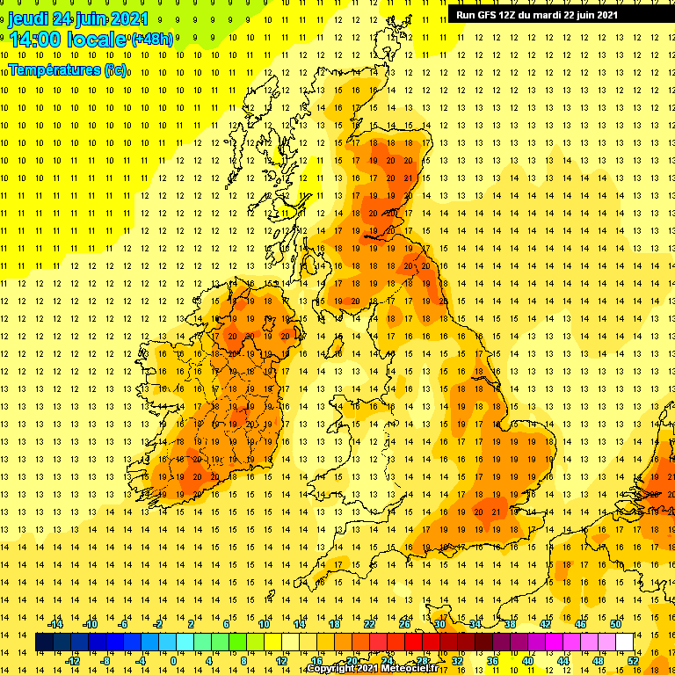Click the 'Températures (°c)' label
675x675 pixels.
(x=67, y=69)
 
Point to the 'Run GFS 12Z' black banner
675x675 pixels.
(x=536, y=14)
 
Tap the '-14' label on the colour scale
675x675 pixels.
(x=54, y=623)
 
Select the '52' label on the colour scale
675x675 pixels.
(x=633, y=661)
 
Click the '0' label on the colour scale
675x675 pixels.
(x=173, y=661)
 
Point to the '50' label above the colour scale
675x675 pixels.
(x=615, y=623)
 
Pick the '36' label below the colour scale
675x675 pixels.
(x=493, y=661)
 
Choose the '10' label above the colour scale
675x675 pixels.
(x=264, y=623)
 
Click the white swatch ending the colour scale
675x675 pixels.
(x=625, y=642)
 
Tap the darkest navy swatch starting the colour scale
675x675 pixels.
(x=44, y=642)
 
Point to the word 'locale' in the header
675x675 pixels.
(x=98, y=39)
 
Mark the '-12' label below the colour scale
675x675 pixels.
(x=72, y=661)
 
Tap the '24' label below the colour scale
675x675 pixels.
(x=387, y=661)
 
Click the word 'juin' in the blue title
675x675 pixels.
(x=86, y=18)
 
